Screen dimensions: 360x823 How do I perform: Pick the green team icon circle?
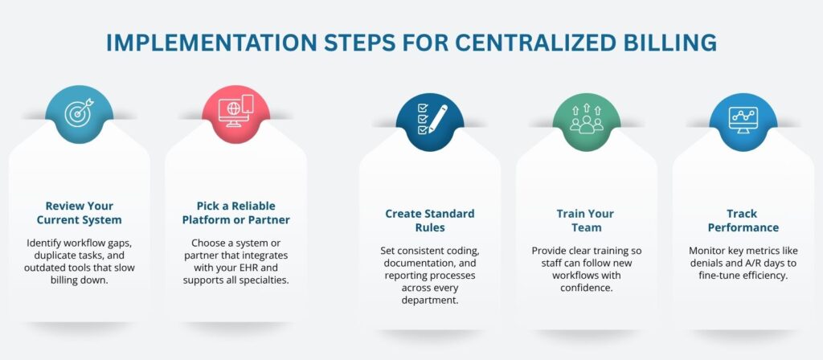tap(586, 122)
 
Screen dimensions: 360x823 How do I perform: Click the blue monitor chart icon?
tap(743, 122)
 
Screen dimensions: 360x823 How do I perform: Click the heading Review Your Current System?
tap(79, 211)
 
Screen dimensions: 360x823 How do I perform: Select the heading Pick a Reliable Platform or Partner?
tap(235, 211)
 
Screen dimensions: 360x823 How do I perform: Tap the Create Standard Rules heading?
tap(429, 221)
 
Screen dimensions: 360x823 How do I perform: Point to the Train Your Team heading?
tap(586, 221)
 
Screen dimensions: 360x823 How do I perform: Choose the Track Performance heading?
tap(743, 221)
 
